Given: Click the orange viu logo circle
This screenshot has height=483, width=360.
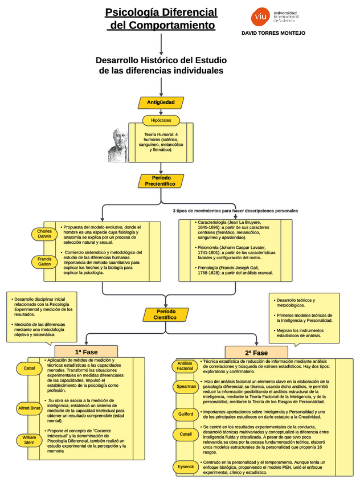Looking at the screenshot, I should point(260,17).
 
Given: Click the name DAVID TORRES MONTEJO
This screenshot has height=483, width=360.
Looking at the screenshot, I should point(273,33).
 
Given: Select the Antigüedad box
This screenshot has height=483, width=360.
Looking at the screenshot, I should point(161,103).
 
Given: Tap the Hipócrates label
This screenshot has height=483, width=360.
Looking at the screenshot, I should point(161,121).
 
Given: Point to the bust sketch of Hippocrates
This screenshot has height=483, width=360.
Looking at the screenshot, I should point(118,145).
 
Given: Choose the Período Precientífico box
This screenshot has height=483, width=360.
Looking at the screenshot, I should point(161,181).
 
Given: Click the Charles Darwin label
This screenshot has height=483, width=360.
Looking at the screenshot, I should point(44,234).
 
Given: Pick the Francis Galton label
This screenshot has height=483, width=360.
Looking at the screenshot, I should point(44,261).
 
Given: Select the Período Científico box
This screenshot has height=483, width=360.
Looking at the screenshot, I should point(165,314).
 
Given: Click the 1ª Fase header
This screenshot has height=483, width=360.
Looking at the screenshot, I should point(86,352).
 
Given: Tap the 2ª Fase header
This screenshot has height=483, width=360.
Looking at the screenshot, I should point(256,353).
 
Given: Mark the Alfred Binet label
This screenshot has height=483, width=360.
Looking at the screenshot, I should point(29,408).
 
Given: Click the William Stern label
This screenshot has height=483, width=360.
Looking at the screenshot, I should point(29,440).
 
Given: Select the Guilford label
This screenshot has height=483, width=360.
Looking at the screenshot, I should point(185,414).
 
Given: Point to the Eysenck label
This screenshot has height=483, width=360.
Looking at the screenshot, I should point(185,466).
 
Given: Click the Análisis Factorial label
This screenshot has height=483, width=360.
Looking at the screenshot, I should point(185,366).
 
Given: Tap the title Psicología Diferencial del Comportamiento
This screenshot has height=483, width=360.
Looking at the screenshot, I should point(161,19).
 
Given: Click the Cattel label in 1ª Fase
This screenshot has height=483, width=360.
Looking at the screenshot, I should point(29,369).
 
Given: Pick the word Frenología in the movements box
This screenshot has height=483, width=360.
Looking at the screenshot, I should point(208,267).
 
